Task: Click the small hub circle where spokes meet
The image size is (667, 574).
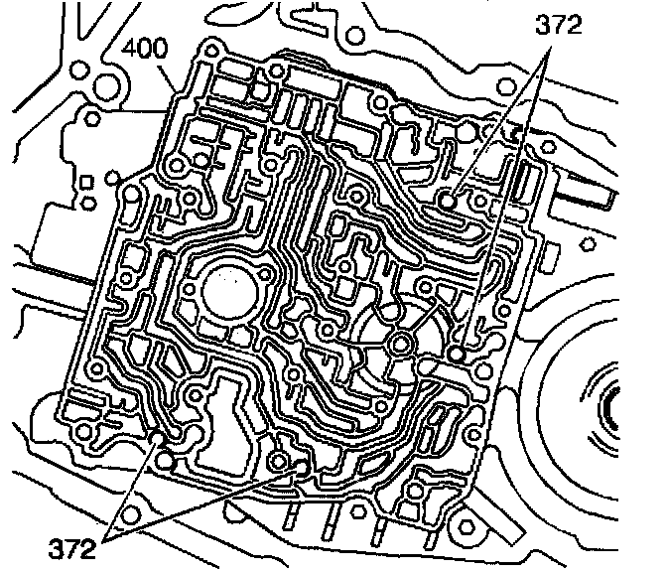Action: tap(401, 344)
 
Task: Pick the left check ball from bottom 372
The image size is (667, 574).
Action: tap(161, 439)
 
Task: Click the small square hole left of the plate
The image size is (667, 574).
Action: tap(85, 182)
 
